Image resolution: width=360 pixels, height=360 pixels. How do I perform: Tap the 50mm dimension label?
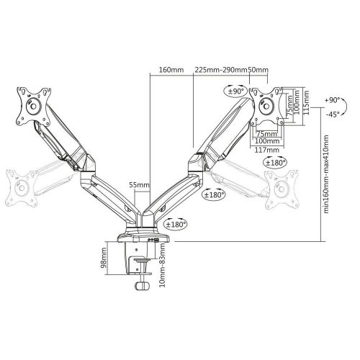tap(258, 70)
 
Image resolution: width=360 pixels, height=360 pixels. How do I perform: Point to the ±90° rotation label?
tap(236, 91)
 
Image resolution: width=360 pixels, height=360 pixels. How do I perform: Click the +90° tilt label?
tap(331, 102)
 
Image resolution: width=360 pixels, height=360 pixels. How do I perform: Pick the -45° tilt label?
tap(332, 114)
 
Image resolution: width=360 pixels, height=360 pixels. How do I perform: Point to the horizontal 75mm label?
tap(267, 133)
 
